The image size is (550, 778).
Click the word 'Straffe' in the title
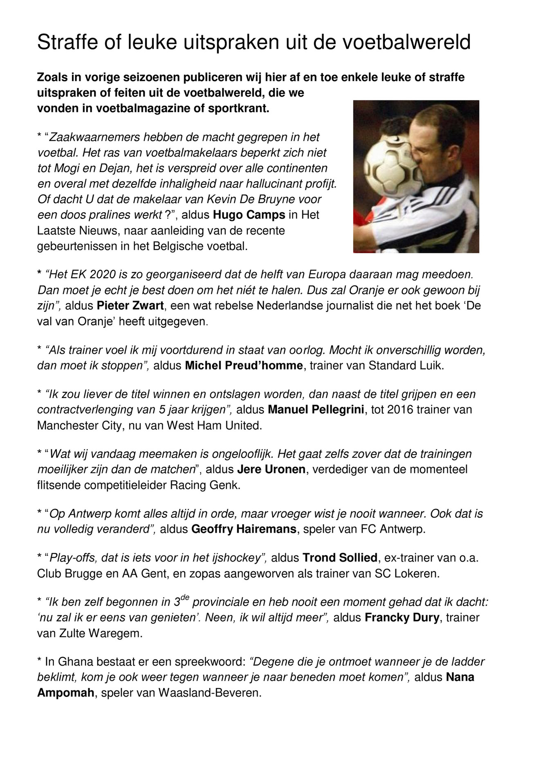click(61, 43)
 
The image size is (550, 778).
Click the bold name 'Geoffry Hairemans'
click(244, 529)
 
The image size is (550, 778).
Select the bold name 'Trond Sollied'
click(334, 558)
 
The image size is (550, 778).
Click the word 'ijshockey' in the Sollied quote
click(239, 558)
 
